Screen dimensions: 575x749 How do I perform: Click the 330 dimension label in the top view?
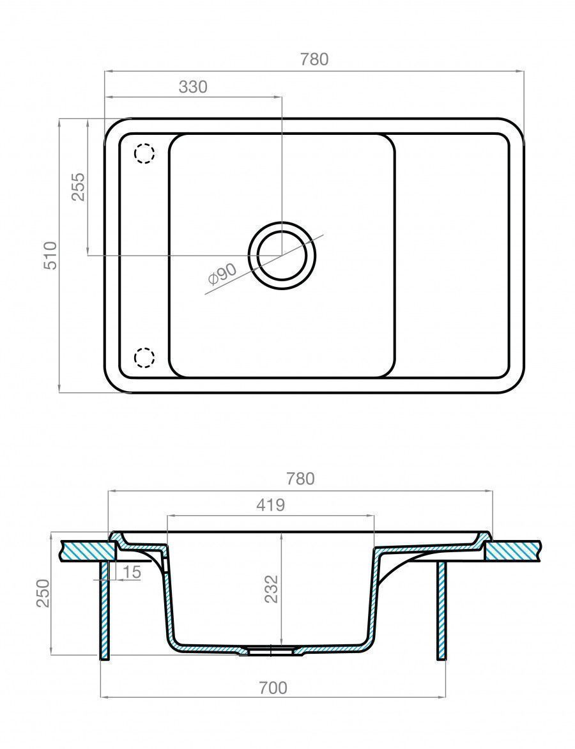pos(193,87)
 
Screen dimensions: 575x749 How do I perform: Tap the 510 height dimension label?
pos(50,256)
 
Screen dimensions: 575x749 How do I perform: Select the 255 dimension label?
pos(79,187)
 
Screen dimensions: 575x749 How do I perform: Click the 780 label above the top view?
pos(314,59)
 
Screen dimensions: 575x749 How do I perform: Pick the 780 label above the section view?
pos(300,479)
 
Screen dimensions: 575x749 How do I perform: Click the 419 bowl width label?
pos(270,504)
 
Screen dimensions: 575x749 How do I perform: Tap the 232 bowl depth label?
pos(271,589)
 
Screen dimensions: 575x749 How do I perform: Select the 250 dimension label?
pos(43,593)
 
